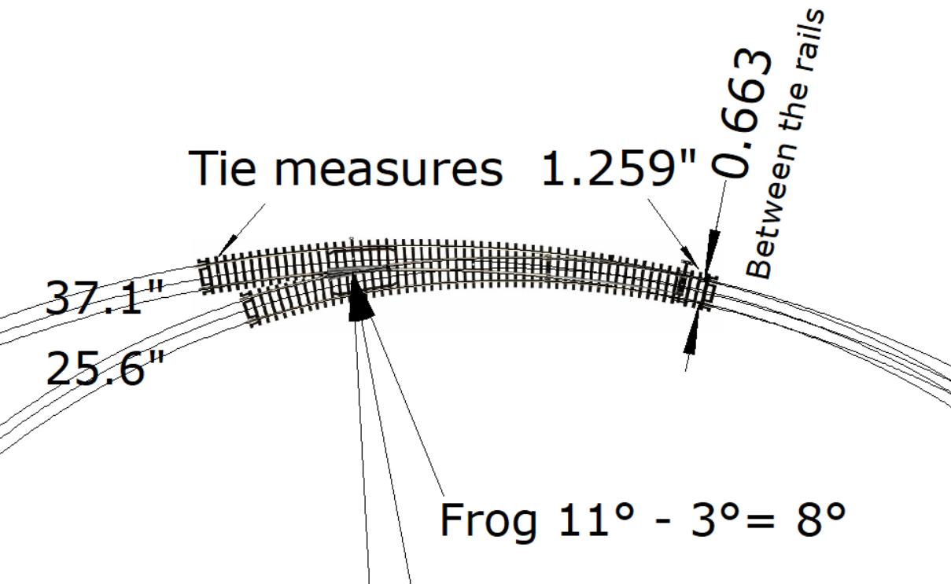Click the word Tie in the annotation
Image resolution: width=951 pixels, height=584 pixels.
pos(222,168)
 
